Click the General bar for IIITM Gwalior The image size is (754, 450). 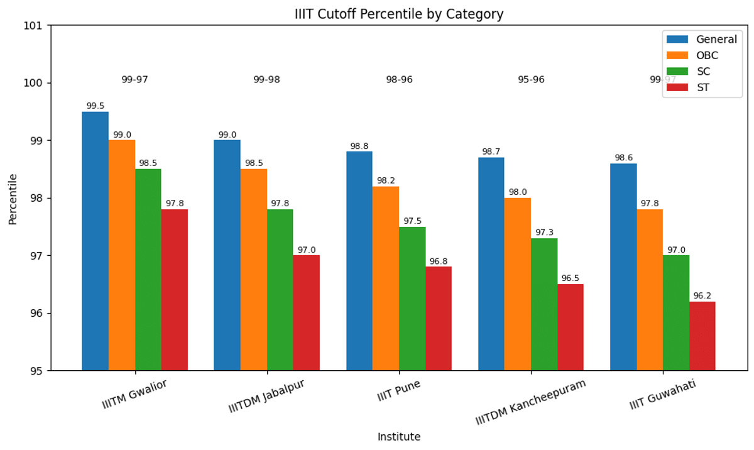95,241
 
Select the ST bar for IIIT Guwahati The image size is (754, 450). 702,336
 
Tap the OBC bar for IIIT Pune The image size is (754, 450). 386,278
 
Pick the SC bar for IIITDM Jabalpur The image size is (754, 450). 280,289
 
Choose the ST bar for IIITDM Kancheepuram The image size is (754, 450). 570,327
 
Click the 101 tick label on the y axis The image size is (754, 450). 33,25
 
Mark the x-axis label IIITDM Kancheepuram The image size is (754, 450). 531,402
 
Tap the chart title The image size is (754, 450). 399,14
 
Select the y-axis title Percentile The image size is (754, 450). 13,199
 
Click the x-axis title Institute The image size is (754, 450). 399,437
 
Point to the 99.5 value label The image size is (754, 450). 96,106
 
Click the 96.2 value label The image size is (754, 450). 702,296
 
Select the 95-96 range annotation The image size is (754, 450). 531,80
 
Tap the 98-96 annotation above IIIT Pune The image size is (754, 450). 399,80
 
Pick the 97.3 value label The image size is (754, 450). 544,233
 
